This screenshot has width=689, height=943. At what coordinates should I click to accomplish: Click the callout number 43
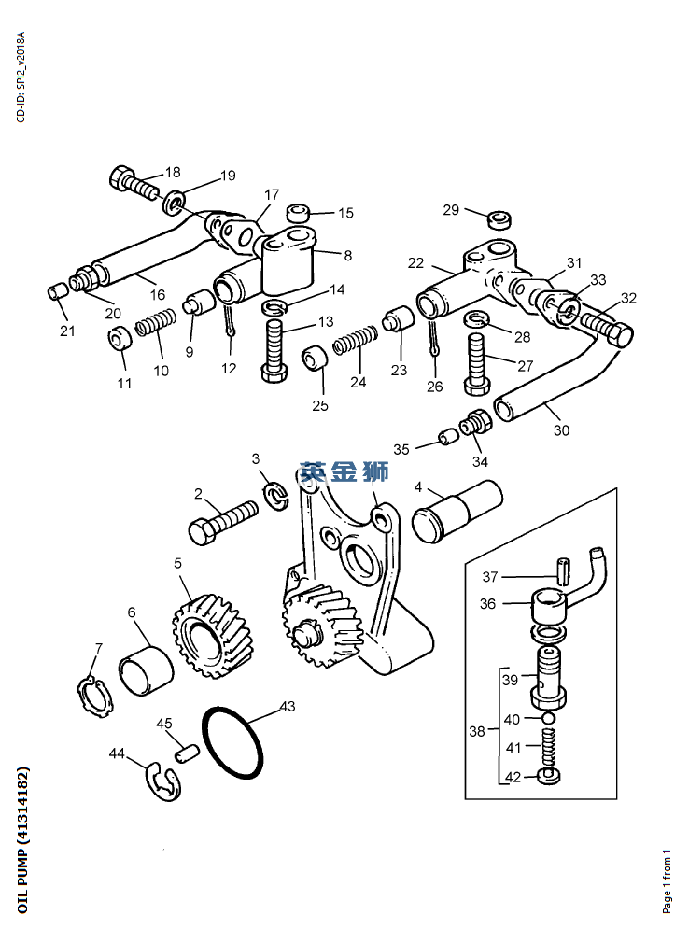tap(288, 706)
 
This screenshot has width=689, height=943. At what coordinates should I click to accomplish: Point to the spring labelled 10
tap(155, 322)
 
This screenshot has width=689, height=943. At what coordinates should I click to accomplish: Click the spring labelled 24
tap(355, 340)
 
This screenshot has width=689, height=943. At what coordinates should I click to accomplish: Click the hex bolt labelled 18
tap(134, 182)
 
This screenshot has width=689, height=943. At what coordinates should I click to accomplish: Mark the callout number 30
tap(561, 430)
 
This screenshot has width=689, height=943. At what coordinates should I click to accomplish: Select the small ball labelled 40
tap(548, 717)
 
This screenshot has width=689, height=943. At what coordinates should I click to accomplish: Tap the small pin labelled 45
tap(187, 753)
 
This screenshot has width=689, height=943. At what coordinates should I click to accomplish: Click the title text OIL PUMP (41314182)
tap(22, 839)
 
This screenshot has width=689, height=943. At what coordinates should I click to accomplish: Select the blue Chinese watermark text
tap(344, 471)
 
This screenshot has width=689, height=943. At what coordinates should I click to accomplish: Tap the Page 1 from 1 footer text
tap(667, 881)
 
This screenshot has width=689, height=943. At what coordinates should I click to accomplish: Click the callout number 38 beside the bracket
tap(477, 731)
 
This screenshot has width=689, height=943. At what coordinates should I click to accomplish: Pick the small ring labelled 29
tap(499, 219)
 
